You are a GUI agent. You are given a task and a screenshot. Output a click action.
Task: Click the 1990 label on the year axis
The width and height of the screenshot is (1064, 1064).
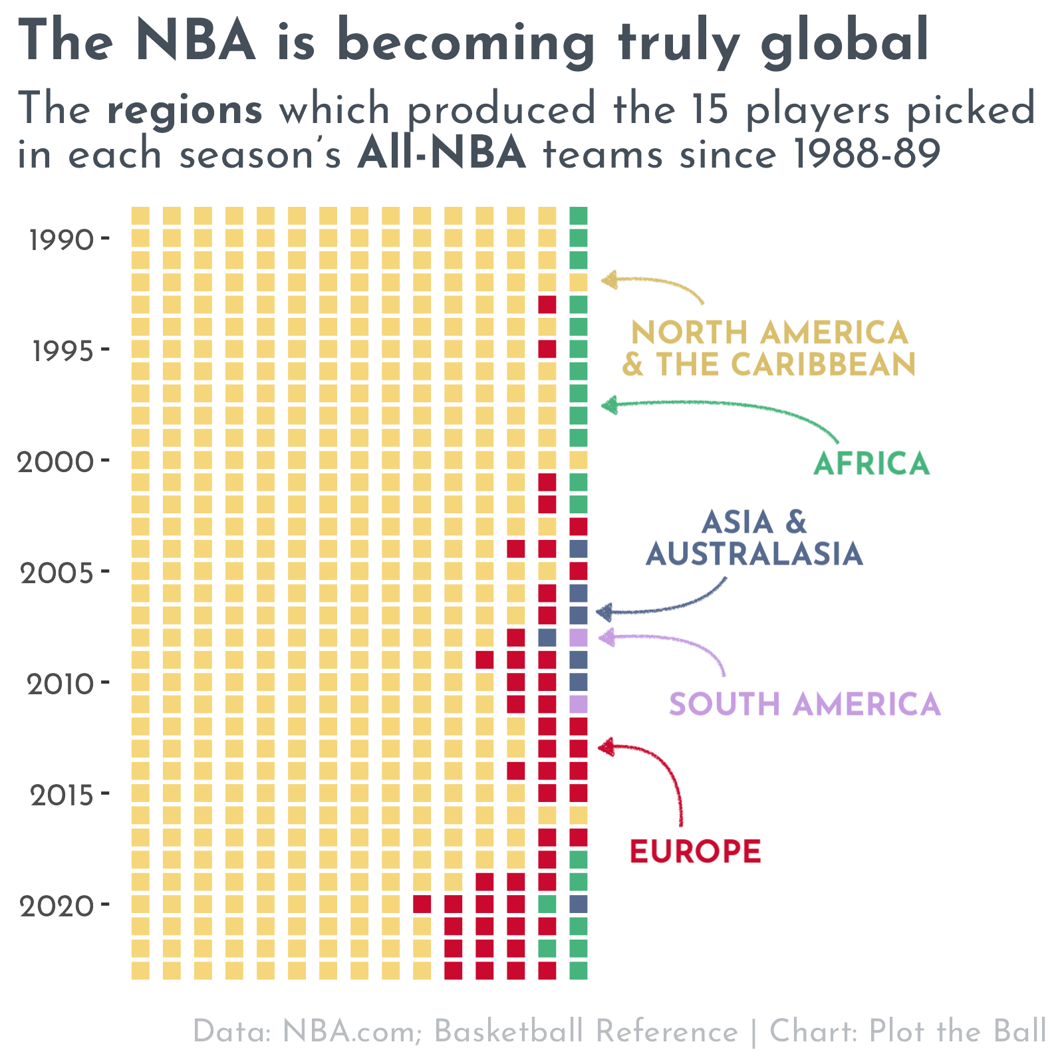point(61,240)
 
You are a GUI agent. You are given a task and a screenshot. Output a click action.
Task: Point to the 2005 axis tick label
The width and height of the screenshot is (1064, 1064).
point(57,573)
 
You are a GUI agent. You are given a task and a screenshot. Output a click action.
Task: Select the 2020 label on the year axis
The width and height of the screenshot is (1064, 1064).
point(57,906)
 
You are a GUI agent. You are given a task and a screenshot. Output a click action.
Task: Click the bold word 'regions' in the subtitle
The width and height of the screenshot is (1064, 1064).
point(184,110)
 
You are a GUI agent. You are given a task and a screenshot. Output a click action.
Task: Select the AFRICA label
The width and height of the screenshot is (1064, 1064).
point(871,464)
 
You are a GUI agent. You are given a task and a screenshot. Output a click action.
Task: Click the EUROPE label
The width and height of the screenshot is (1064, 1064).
point(695,852)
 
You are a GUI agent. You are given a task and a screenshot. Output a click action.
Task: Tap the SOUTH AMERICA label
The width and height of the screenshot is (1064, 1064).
point(805,704)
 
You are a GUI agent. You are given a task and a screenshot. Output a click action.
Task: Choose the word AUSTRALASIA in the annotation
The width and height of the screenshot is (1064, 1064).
point(754,554)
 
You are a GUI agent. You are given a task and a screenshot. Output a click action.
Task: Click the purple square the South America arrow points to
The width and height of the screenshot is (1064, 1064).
point(578,638)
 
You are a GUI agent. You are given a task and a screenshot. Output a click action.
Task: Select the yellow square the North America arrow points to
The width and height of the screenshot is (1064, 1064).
point(578,282)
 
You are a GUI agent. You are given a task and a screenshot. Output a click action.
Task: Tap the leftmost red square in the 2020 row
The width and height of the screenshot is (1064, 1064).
point(422,904)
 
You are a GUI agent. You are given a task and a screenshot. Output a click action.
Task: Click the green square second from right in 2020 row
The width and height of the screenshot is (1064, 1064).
point(547,904)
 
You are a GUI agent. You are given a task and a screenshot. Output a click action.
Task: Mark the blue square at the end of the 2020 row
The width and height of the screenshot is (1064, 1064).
point(578,904)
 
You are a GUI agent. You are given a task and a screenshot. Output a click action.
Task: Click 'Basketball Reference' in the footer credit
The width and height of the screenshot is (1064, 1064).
point(586,1031)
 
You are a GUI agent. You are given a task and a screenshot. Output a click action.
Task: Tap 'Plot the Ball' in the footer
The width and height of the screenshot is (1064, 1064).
point(958,1031)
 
